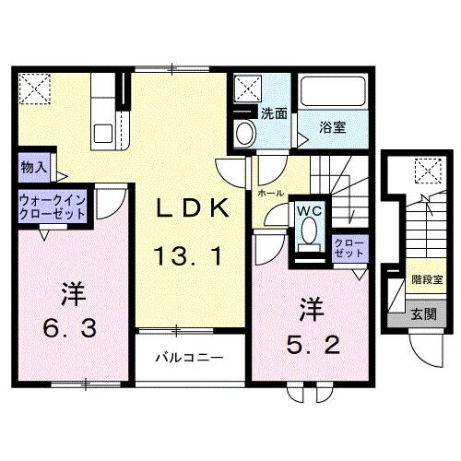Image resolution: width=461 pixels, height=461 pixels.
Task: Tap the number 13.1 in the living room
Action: click(x=189, y=258)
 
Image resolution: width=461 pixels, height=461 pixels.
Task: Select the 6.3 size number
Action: click(x=68, y=328)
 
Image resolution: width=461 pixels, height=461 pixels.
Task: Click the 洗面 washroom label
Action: click(x=273, y=114)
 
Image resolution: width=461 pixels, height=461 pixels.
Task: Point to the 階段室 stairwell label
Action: click(x=427, y=278)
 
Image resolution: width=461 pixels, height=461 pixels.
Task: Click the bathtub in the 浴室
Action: click(x=333, y=94)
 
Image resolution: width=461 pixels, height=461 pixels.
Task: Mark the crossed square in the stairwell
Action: click(x=427, y=171)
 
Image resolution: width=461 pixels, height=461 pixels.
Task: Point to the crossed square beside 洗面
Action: click(x=247, y=89)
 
